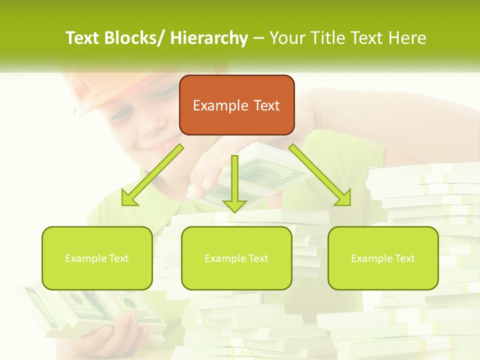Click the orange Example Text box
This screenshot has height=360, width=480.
(x=236, y=105)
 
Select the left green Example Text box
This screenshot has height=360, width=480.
(x=97, y=258)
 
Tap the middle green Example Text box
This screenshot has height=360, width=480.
(x=236, y=258)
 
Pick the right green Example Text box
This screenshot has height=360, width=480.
(x=383, y=258)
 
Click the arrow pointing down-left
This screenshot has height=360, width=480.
(x=152, y=175)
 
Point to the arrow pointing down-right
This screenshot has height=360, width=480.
(x=320, y=175)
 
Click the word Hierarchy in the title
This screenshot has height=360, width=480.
(x=209, y=38)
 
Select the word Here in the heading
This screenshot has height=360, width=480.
(x=407, y=38)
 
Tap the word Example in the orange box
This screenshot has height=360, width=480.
(x=220, y=105)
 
